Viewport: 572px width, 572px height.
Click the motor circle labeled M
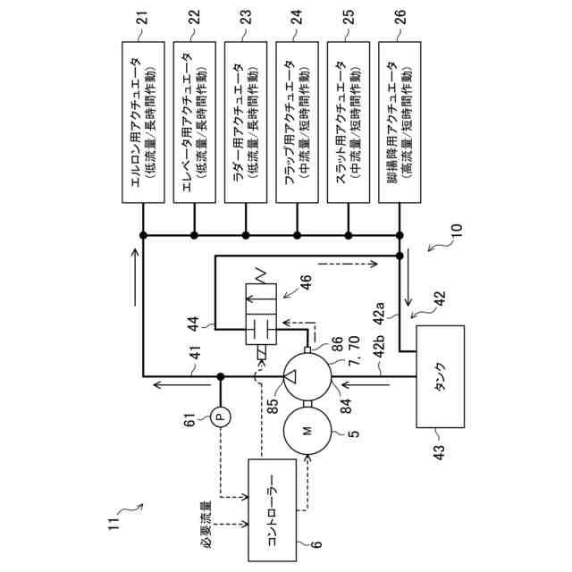coord(307,431)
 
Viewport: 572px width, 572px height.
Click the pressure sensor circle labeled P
coord(220,416)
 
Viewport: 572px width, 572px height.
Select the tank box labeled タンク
coord(441,376)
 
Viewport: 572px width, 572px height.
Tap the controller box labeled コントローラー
coord(272,510)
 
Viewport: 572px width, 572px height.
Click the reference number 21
coord(143,17)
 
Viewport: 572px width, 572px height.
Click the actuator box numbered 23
coord(246,122)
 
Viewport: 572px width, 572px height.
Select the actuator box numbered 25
coord(349,122)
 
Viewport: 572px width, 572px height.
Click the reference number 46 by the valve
coord(306,282)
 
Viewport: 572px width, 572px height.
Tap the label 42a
coord(380,313)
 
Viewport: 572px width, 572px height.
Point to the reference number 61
coord(190,419)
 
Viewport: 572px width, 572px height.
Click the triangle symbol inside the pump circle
coord(290,376)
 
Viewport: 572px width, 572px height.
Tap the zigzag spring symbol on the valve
coord(262,276)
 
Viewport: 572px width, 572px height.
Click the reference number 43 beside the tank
coord(441,451)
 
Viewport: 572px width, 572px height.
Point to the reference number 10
coord(457,230)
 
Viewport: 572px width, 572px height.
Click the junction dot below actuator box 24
coord(297,235)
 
